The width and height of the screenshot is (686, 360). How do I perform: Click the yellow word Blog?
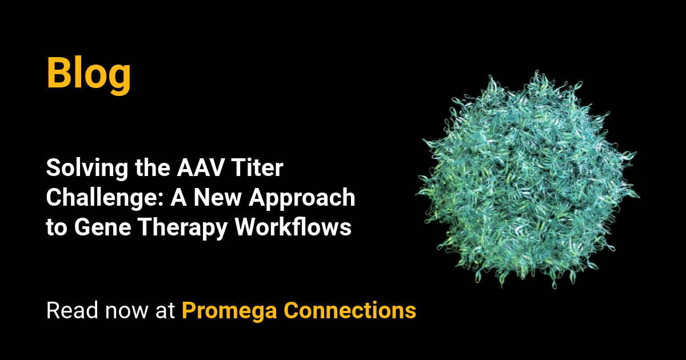[89, 73]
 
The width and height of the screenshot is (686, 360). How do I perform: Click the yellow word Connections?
[349, 311]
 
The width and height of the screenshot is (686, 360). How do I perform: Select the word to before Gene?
[57, 227]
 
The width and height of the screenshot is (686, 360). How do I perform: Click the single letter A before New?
[176, 198]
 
